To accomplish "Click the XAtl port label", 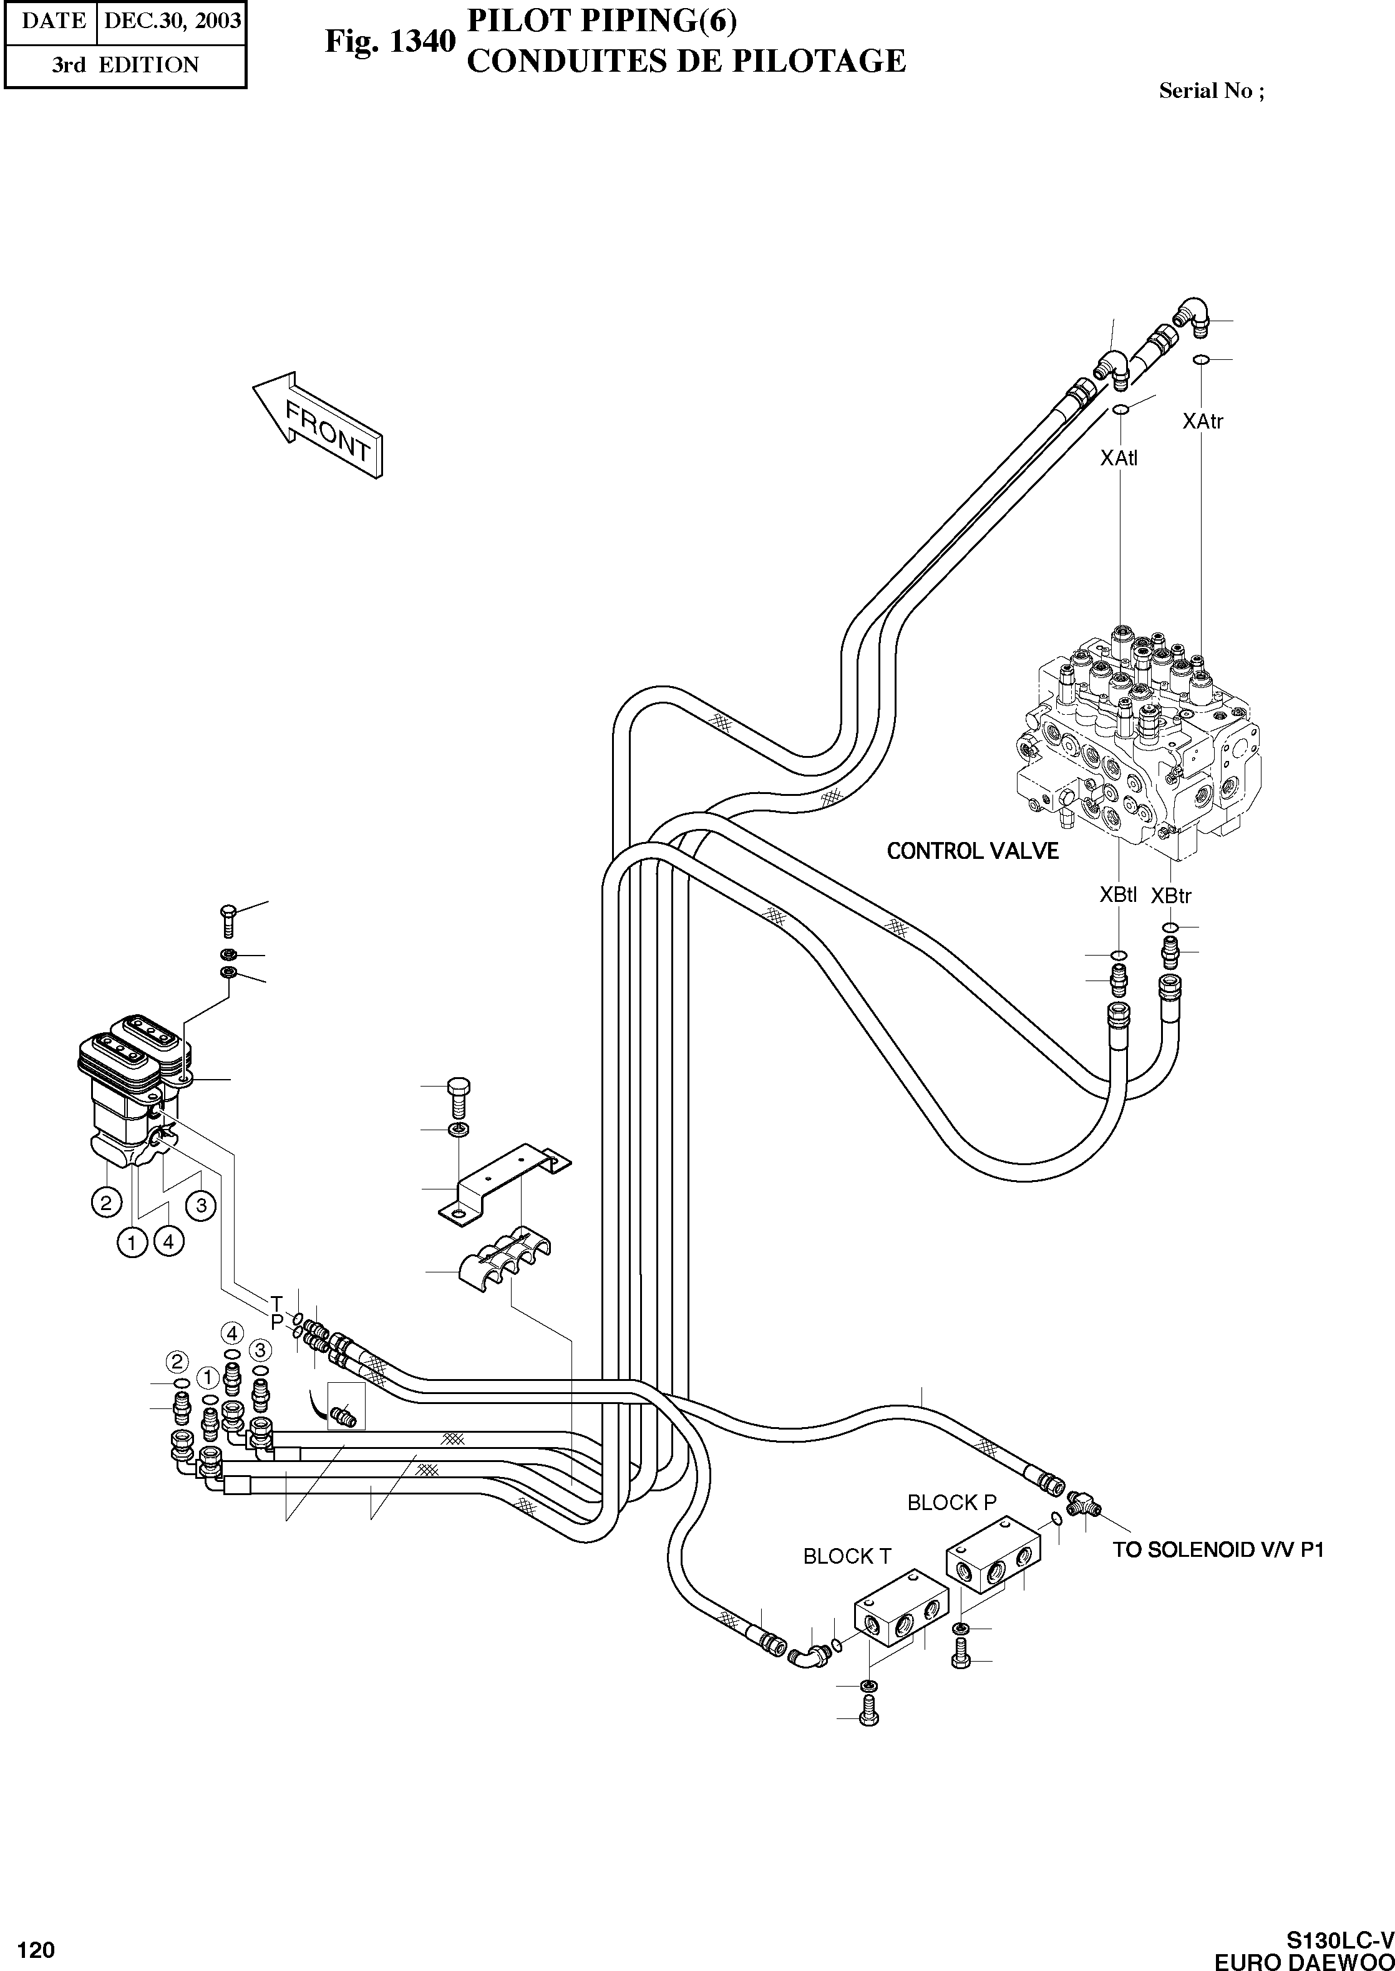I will (1119, 458).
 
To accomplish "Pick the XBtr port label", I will (1171, 896).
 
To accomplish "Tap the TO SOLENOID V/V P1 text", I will (1218, 1550).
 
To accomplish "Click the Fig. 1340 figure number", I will (388, 41).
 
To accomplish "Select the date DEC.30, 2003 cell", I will (172, 21).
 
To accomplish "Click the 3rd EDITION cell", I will (125, 65).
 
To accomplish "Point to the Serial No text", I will (1210, 91).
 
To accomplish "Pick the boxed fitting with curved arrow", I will (346, 1406).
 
